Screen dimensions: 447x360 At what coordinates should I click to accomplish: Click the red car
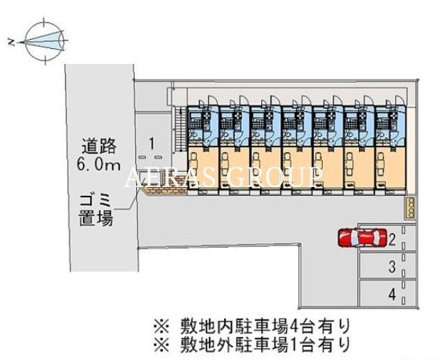coord(362,238)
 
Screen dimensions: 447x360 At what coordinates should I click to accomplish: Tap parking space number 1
coord(152,144)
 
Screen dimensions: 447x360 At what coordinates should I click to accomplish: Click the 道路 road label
coord(99,147)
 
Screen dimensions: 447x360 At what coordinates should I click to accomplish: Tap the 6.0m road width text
coord(98,165)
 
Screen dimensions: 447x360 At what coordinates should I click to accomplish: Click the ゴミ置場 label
coord(96,210)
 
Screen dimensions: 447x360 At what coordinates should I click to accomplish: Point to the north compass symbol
coord(44,41)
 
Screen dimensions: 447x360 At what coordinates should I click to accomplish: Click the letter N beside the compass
coord(12,43)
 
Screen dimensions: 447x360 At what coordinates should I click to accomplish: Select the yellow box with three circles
coord(411,208)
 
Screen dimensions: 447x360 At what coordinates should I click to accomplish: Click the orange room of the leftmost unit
coord(203,167)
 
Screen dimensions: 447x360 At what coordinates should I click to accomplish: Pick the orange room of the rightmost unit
coord(390,167)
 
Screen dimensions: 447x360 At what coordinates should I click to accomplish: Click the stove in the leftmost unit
coord(206,117)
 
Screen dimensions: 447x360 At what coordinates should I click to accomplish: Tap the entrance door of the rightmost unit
coord(399,101)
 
